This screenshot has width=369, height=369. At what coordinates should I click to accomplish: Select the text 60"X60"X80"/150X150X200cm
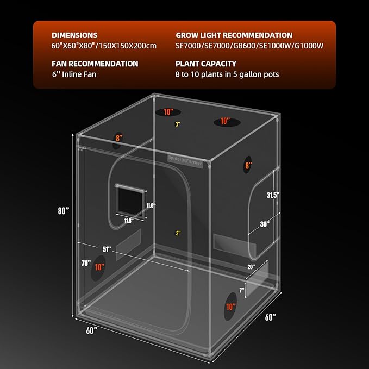(103, 46)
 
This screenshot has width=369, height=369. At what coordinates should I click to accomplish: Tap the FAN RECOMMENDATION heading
(95, 64)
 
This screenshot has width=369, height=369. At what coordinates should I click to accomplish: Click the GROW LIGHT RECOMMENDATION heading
(234, 35)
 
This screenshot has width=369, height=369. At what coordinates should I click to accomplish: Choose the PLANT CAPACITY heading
(206, 64)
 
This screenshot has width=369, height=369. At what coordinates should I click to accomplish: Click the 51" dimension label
(107, 249)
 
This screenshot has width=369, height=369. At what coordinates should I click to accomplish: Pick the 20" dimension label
(251, 266)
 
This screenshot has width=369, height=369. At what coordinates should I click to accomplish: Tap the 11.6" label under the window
(129, 221)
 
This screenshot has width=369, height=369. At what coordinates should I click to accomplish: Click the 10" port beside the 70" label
(99, 267)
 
